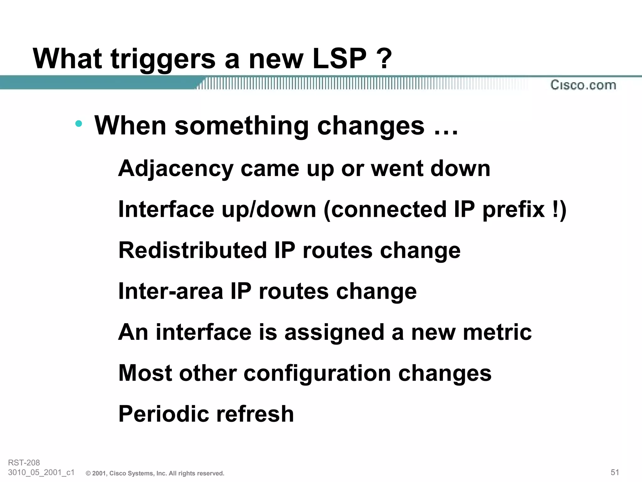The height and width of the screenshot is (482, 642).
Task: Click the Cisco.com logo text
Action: coord(583,85)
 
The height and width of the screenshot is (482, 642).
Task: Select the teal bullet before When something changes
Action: coord(79,124)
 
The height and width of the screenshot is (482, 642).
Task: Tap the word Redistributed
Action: coord(192,250)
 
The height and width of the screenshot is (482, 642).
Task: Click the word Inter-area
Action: coord(171,291)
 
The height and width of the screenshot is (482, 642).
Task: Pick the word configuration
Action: coord(317,373)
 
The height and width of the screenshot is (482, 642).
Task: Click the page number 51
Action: coord(615,472)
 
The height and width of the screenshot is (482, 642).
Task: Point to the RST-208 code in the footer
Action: coord(24,463)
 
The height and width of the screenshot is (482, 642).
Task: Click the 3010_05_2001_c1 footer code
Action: coord(41,473)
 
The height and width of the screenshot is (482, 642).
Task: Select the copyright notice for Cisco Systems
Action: coord(155,473)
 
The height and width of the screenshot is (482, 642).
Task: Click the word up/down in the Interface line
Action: coord(269,210)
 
